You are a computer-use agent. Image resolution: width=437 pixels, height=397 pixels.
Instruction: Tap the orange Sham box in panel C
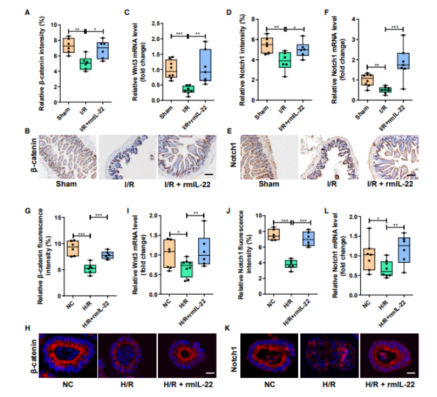(171, 68)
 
